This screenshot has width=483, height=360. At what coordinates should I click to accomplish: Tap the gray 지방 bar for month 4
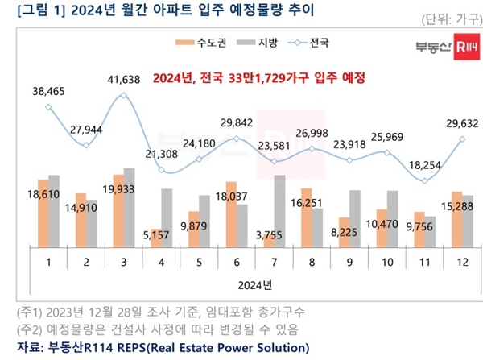pyautogui.click(x=167, y=217)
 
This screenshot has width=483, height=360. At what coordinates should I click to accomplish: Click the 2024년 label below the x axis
pyautogui.click(x=254, y=284)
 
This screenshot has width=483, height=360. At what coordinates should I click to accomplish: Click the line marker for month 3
pyautogui.click(x=124, y=95)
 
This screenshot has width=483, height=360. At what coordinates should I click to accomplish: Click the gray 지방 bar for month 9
pyautogui.click(x=355, y=219)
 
